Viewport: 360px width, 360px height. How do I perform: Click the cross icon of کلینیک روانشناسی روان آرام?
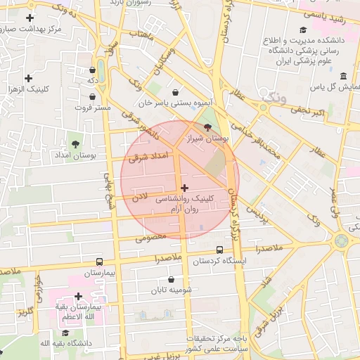(x=184, y=188)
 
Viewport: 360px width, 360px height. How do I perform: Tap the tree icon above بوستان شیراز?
(x=207, y=127)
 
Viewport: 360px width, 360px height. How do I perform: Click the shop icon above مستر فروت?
(x=94, y=70)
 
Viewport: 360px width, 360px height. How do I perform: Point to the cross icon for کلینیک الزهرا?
(x=29, y=78)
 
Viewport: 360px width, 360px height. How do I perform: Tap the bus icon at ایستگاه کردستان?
(x=220, y=250)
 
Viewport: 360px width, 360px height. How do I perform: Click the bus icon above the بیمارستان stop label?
(x=99, y=261)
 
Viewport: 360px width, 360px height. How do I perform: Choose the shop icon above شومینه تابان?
(x=171, y=279)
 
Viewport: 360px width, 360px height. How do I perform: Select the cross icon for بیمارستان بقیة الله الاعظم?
(x=78, y=296)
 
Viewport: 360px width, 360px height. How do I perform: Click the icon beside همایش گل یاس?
(x=343, y=76)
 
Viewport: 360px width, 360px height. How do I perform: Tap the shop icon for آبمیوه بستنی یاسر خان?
(x=174, y=91)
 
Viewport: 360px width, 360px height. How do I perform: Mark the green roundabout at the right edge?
(x=342, y=240)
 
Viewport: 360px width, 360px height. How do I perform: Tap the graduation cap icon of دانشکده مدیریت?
(x=303, y=30)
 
